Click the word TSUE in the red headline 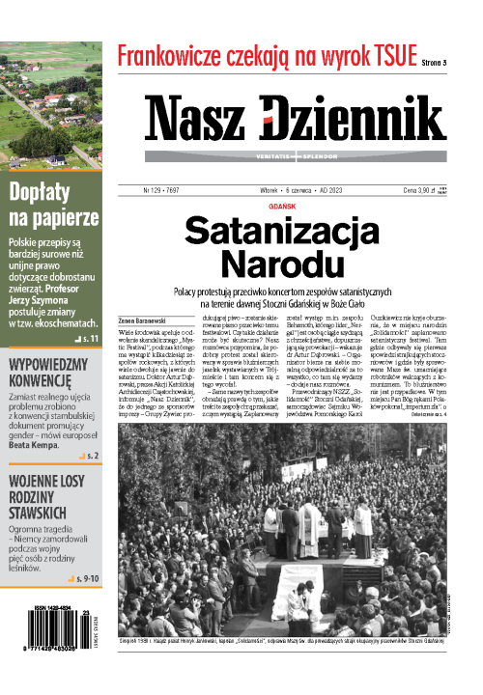tap(384, 57)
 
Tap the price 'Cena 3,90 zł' tap(421, 192)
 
